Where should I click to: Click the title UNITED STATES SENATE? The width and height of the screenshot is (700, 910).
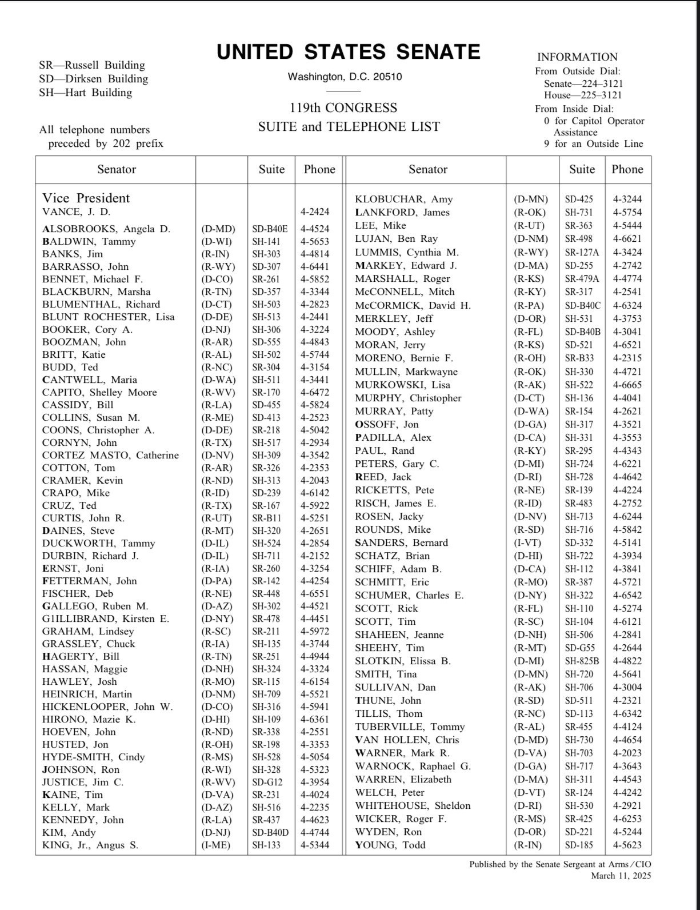tap(348, 52)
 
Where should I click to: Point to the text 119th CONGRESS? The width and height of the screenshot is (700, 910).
tap(343, 108)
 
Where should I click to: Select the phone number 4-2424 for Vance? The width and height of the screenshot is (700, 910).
tap(315, 212)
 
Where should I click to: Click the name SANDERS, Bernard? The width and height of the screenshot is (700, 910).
tap(401, 543)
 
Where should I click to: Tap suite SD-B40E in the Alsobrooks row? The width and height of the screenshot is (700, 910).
tap(270, 229)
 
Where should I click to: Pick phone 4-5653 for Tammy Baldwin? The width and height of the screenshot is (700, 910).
tap(315, 242)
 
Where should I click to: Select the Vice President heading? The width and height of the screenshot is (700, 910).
tap(86, 198)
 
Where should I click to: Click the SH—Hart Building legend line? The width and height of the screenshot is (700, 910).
tap(85, 93)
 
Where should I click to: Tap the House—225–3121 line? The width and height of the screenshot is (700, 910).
tap(582, 95)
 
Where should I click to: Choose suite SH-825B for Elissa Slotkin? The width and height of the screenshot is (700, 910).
tap(582, 661)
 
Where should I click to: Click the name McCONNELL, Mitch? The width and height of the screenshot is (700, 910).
tap(405, 292)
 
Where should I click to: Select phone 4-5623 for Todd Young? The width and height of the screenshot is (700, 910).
tap(627, 845)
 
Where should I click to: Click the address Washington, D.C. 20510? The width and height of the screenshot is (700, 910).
tap(345, 77)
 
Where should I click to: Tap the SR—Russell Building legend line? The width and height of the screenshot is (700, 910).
tap(91, 65)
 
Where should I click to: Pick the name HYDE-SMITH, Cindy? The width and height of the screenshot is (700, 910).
tap(93, 757)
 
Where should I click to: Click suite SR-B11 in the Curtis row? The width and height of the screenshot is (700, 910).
tap(266, 518)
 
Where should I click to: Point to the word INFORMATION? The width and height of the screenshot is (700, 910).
tap(577, 57)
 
